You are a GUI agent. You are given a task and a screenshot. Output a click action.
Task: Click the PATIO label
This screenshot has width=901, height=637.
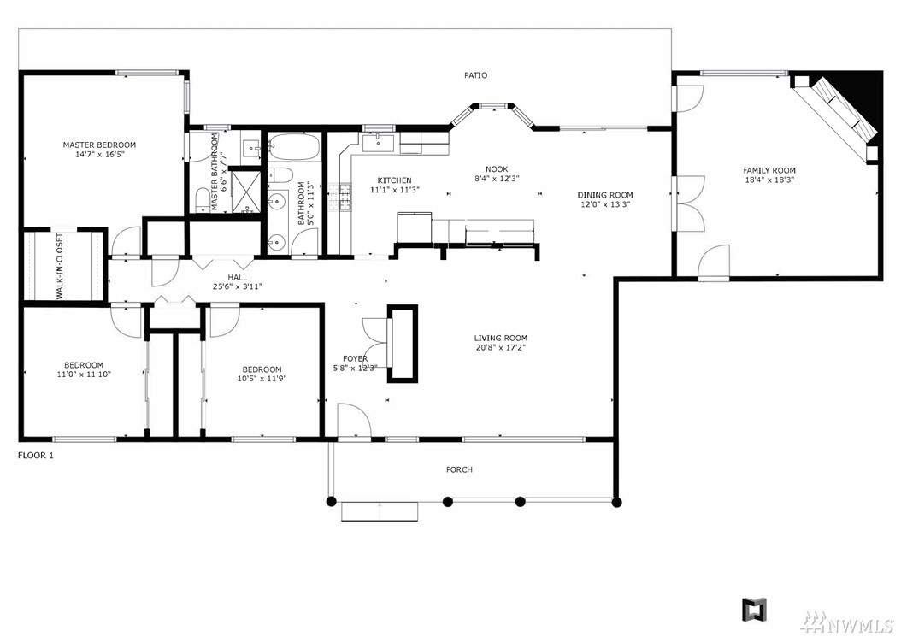tap(476, 75)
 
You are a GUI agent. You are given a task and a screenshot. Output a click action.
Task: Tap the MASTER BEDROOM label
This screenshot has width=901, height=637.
tap(99, 145)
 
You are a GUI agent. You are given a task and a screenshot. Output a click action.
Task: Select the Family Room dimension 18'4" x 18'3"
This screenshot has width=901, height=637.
tap(768, 180)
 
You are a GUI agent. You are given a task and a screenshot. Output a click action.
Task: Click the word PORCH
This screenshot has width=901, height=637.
tap(460, 469)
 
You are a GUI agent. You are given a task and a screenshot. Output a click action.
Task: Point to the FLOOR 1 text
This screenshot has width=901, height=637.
tap(36, 456)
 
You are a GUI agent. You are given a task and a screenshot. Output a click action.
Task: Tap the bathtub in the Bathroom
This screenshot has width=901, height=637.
tap(293, 146)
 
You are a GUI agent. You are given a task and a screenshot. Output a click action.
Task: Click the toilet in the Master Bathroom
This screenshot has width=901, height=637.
tap(202, 199)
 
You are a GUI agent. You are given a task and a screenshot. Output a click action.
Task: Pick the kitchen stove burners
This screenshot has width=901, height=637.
tap(339, 197)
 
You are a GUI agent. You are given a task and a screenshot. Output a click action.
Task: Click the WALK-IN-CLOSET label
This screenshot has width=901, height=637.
tap(60, 266)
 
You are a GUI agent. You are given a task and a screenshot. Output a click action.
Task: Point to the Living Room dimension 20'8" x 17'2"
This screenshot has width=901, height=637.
tap(500, 347)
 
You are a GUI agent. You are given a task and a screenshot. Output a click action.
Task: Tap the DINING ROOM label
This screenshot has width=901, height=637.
tap(605, 195)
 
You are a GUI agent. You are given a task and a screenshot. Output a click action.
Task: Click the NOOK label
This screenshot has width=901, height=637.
tap(497, 169)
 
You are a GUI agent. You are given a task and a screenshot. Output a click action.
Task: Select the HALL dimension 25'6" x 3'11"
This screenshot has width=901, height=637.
tap(237, 286)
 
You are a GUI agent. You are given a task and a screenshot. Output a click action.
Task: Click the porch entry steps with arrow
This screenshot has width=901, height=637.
tap(380, 511)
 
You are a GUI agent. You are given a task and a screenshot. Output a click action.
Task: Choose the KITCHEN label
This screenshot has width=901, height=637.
tap(394, 180)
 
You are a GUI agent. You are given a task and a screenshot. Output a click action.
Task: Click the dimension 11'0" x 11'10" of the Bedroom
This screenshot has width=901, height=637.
tap(83, 375)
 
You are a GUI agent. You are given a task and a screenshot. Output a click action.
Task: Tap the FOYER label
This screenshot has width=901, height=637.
tap(355, 359)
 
